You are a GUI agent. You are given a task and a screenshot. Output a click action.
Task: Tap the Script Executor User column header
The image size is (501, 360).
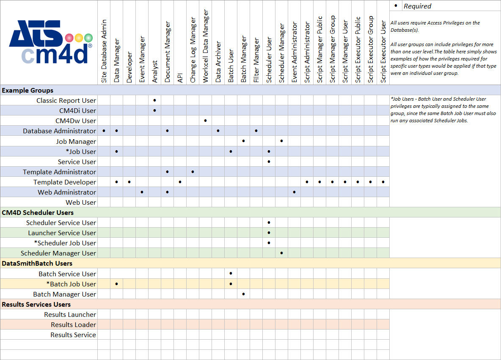(383, 51)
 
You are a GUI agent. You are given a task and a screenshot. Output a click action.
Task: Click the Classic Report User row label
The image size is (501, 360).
(66, 100)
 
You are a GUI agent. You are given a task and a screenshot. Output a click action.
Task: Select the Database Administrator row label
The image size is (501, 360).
(59, 131)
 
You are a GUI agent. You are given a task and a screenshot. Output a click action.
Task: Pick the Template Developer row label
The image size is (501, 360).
(65, 182)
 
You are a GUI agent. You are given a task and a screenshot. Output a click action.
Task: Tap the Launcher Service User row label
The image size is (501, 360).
(62, 233)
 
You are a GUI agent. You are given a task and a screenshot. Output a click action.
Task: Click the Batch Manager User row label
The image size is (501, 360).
(64, 294)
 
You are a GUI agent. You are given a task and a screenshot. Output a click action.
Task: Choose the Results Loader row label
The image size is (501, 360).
(73, 324)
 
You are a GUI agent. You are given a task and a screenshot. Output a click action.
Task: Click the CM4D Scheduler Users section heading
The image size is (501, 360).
(38, 212)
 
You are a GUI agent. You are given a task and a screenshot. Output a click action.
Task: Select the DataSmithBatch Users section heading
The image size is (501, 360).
(37, 264)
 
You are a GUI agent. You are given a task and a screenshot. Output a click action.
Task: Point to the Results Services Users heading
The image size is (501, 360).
(36, 304)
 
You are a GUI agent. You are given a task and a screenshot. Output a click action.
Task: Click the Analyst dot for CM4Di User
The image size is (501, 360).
(155, 110)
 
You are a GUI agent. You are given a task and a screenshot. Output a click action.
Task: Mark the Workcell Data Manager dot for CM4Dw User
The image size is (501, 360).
(206, 121)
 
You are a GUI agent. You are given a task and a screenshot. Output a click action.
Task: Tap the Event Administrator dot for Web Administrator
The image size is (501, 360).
(295, 192)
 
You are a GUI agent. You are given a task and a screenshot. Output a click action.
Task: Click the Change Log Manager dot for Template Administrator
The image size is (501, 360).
(193, 172)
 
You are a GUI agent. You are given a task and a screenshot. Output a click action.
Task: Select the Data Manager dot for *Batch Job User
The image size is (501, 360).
(117, 284)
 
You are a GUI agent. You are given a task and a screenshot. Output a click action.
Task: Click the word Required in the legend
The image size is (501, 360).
(417, 6)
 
